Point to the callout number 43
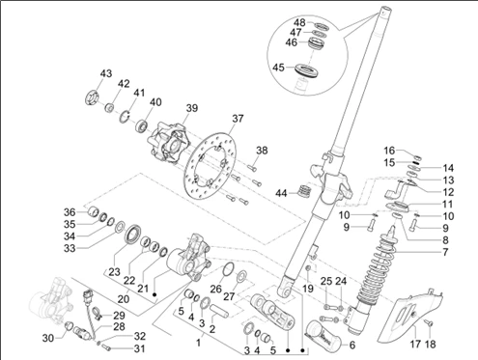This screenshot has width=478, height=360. [105, 73]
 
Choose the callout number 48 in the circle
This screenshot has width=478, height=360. [299, 22]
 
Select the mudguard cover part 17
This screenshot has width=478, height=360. [409, 317]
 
